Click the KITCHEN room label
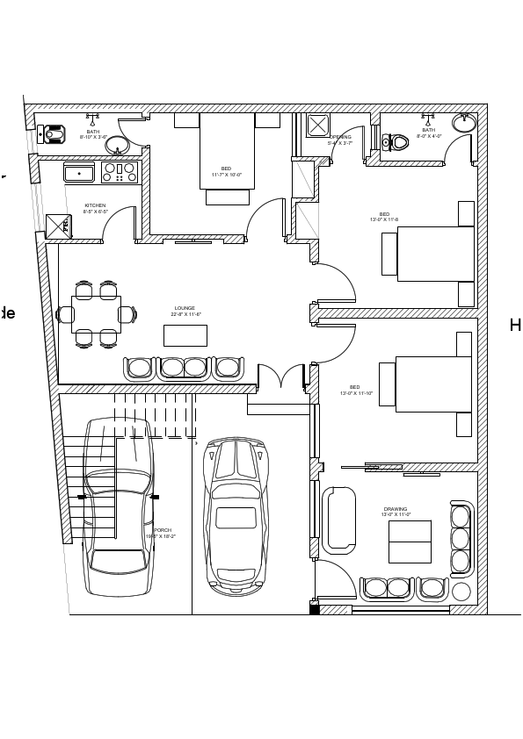95,208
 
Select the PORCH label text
163,533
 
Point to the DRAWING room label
396,511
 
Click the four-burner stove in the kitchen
120,172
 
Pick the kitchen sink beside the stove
79,173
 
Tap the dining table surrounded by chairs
96,314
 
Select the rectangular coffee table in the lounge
185,335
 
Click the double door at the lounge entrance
280,377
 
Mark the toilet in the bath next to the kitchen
54,134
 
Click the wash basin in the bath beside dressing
464,123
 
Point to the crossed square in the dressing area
317,125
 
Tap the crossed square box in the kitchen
58,226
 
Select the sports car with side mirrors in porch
236,515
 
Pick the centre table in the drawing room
410,542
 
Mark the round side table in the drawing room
461,592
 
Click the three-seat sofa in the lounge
184,368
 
